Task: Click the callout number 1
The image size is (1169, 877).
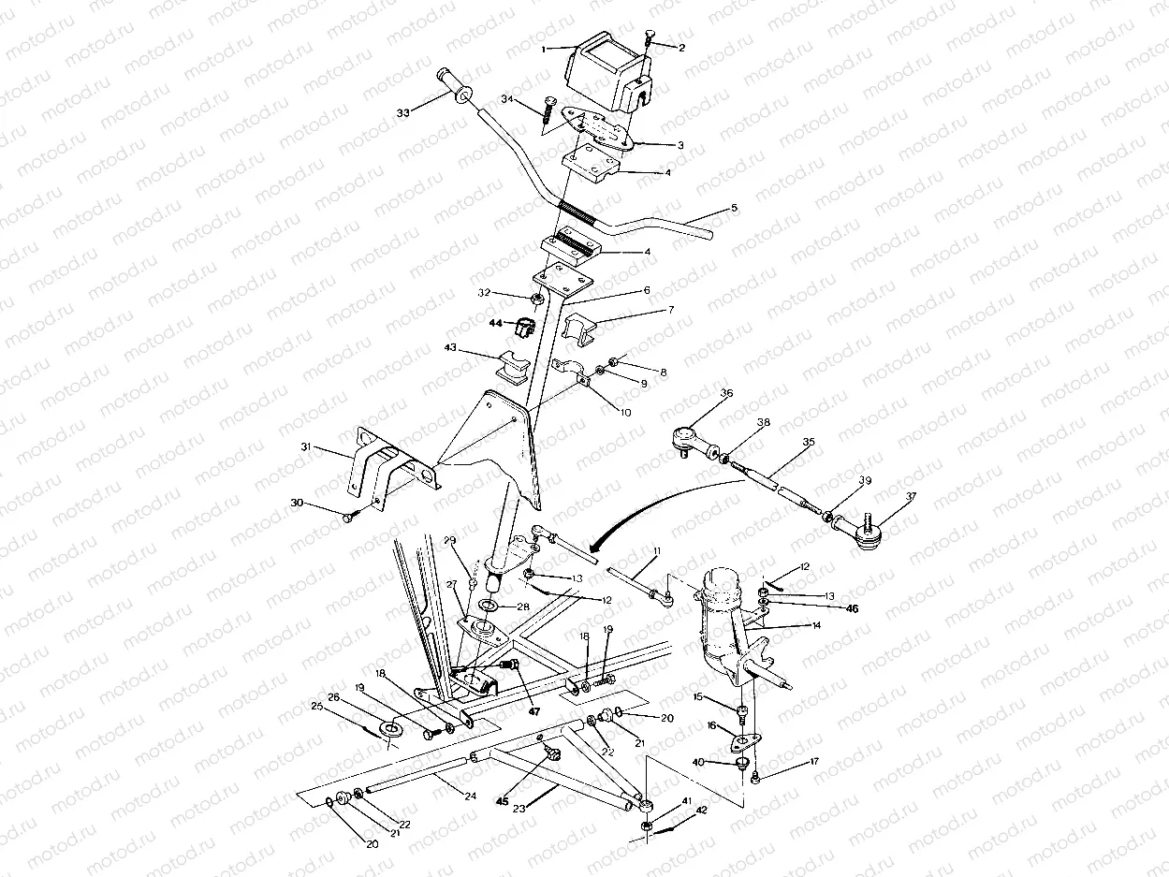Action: click(544, 46)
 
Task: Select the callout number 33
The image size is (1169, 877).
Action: click(403, 113)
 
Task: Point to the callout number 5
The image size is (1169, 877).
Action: click(735, 207)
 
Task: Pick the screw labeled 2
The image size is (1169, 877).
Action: click(650, 38)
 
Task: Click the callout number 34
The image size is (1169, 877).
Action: click(506, 98)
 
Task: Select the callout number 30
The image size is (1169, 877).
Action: click(298, 504)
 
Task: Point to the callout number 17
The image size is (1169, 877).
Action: click(813, 762)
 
